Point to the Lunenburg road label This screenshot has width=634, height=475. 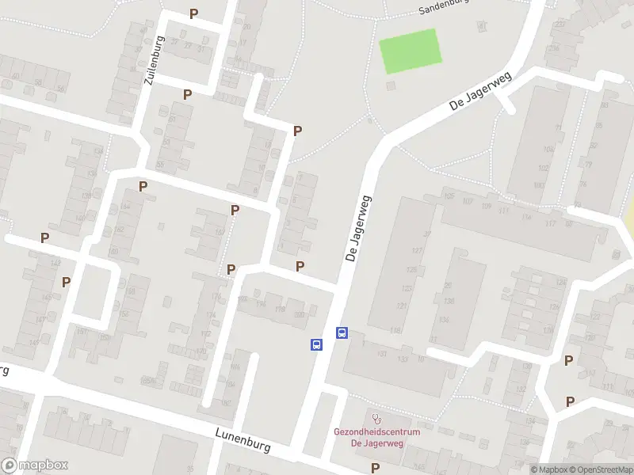point(243,440)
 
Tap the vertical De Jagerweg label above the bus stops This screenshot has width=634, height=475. point(358,230)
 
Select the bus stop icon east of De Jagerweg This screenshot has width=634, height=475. point(342,332)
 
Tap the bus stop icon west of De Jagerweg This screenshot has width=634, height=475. point(316,344)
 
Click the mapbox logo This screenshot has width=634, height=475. point(34,465)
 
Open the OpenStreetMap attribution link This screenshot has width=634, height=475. point(602,469)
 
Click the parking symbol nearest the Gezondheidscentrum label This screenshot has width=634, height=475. point(375,468)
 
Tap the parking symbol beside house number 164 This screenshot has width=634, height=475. point(143,187)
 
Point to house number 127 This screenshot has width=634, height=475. point(416,250)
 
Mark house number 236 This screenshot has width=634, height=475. point(555,47)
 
